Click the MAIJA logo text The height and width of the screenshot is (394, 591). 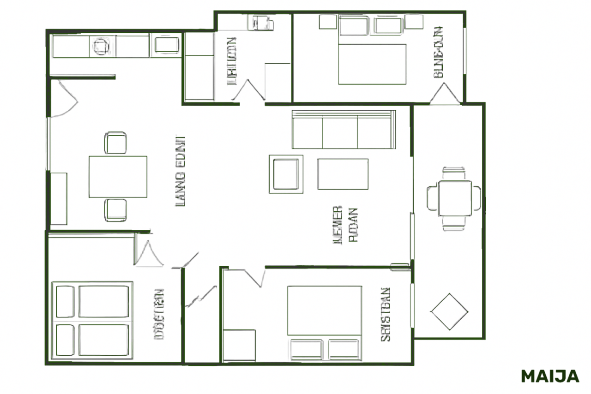point(550,376)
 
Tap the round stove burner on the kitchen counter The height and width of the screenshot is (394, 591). point(101,46)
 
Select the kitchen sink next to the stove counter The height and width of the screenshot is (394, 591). point(167,45)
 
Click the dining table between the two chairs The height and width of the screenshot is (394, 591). point(118,177)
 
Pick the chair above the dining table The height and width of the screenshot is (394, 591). point(115,143)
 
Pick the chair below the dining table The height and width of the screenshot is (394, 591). point(115,210)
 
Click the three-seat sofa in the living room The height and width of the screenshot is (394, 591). point(344,130)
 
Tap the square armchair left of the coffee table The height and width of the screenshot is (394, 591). point(286,174)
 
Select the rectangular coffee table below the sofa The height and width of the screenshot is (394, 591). point(343,174)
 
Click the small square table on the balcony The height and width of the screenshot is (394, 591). point(455,198)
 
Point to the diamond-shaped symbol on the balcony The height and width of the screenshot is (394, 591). point(449,311)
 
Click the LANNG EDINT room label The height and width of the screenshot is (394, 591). point(181,171)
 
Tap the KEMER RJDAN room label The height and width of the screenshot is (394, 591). point(345,225)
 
